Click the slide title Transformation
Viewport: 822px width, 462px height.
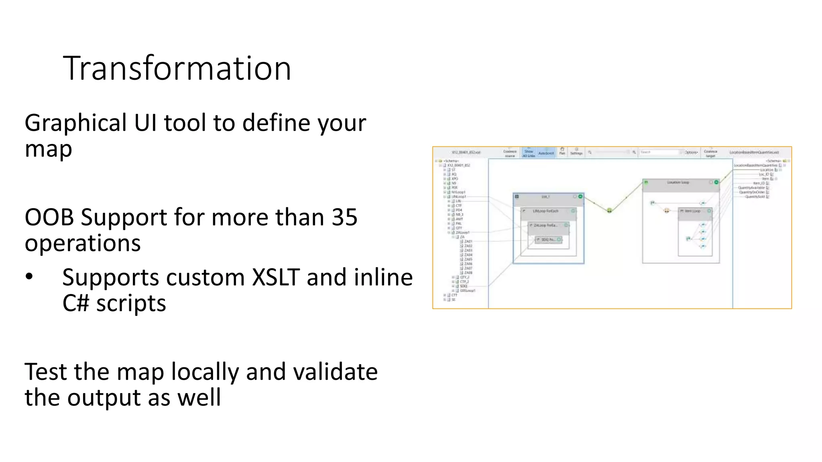tap(177, 69)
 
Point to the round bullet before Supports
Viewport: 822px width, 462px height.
tap(29, 277)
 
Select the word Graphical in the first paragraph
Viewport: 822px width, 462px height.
tap(75, 123)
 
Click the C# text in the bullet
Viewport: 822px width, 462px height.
tap(75, 303)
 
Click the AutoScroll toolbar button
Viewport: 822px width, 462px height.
tap(546, 153)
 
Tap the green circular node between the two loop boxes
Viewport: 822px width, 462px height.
tap(609, 211)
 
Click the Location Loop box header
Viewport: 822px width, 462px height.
tap(678, 182)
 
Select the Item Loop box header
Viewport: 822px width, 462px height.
tap(692, 211)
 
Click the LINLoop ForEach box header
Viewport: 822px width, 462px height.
tap(545, 211)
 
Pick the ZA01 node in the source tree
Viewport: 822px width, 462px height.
tap(468, 241)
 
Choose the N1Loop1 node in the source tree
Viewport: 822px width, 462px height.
tap(458, 192)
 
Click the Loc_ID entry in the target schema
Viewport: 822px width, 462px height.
tap(763, 174)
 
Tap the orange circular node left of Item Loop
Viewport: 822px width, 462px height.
tap(667, 211)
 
